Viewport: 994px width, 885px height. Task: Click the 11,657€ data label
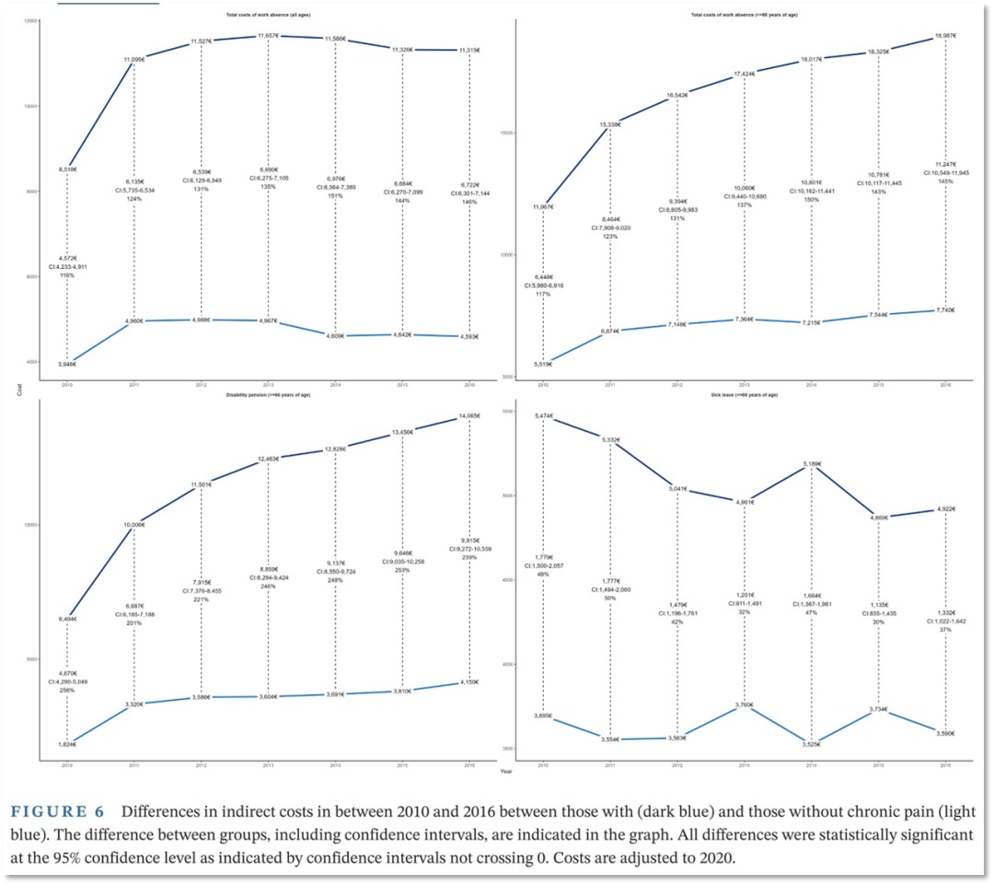(268, 35)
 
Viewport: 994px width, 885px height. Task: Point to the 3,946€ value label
(68, 365)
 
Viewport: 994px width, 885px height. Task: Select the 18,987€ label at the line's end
(944, 35)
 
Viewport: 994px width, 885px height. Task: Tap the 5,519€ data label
(543, 365)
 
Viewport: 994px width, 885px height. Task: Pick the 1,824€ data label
(67, 745)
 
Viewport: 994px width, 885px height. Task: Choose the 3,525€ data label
(811, 744)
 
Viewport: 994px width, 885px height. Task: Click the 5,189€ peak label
(811, 464)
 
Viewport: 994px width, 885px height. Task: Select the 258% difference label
(66, 690)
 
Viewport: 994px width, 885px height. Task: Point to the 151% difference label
(335, 195)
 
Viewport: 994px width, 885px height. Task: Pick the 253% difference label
(402, 570)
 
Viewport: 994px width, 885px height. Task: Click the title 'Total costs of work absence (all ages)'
(268, 15)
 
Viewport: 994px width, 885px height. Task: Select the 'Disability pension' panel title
(268, 393)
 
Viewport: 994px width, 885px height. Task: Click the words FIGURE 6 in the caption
(59, 813)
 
